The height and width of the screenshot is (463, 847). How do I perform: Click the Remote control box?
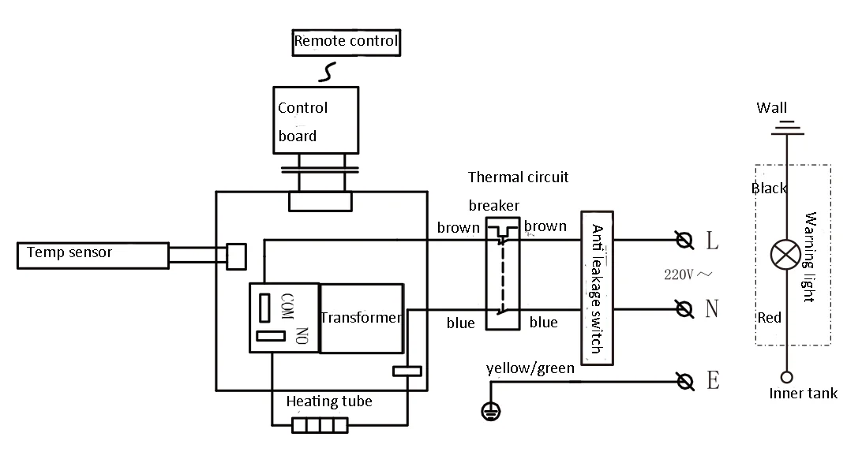[x=346, y=42]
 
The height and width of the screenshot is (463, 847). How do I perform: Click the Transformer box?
[x=362, y=318]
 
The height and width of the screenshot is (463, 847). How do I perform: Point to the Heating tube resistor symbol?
[x=320, y=426]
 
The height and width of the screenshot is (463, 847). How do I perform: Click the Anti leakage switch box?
[x=598, y=289]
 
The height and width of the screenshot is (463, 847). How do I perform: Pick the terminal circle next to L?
[x=685, y=239]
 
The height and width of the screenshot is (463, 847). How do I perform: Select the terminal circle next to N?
[x=685, y=308]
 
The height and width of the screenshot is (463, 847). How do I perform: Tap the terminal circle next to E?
[x=685, y=382]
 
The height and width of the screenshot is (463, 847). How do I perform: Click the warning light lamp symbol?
[x=785, y=255]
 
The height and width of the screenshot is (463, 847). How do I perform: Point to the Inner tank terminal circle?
[x=786, y=377]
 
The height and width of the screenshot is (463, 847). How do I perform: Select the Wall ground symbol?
[x=786, y=126]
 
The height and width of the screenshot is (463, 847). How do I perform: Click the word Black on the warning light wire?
[x=769, y=189]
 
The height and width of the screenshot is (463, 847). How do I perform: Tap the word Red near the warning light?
[x=769, y=318]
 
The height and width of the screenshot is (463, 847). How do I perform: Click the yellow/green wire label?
[x=530, y=368]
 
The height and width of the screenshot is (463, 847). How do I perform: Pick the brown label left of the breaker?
[x=458, y=228]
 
